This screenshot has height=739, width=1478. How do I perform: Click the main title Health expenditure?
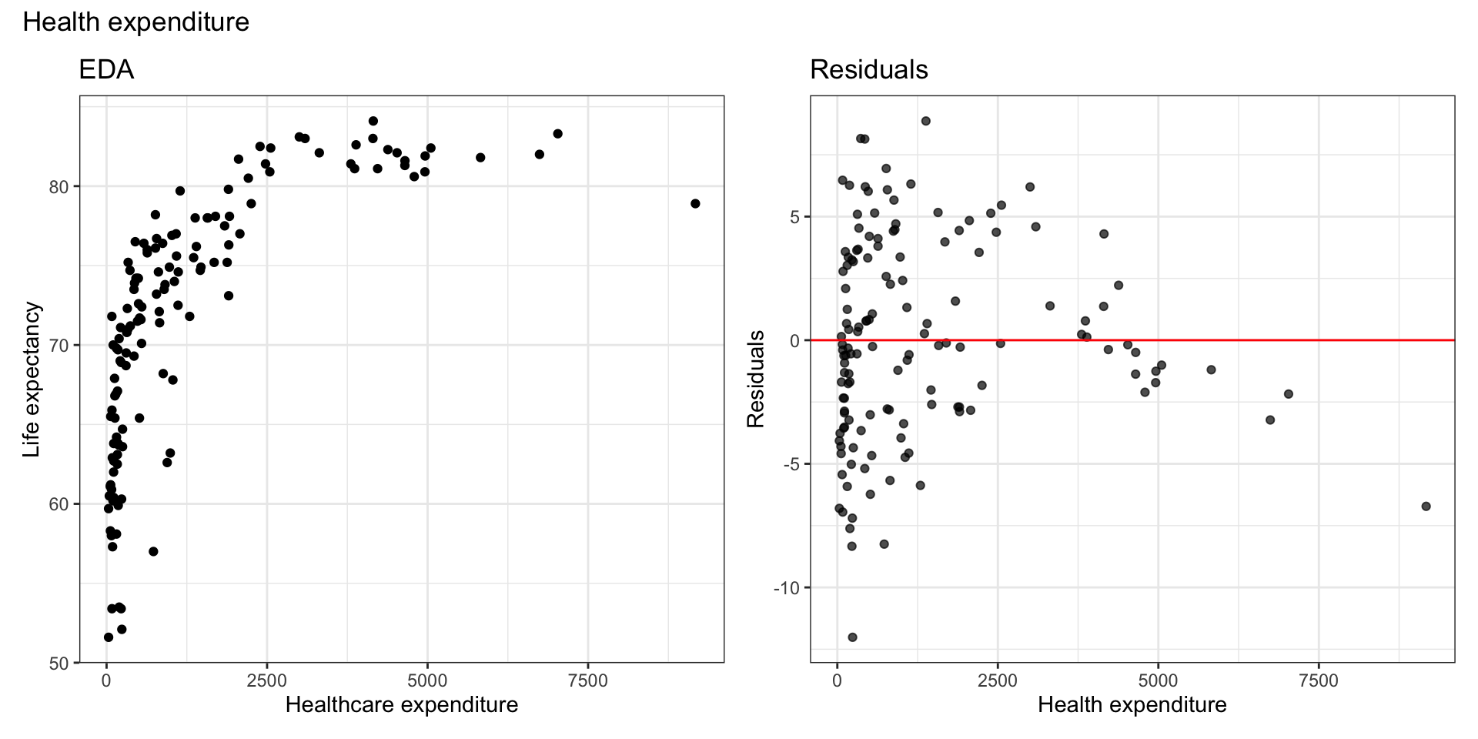tap(136, 22)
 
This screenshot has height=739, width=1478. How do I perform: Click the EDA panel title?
tap(106, 70)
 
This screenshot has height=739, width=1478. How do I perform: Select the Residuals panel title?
tap(868, 70)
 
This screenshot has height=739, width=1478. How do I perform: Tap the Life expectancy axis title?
tap(32, 380)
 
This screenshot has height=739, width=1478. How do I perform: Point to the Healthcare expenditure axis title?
tap(401, 704)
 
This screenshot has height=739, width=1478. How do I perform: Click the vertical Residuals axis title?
tap(756, 379)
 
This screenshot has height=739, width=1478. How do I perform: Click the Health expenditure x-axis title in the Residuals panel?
tap(1132, 704)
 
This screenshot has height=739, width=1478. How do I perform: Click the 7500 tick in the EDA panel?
tap(587, 681)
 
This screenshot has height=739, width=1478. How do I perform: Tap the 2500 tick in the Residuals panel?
tap(997, 681)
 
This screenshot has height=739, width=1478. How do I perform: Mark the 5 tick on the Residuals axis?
tap(794, 216)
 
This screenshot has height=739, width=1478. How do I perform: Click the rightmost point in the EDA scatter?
tap(695, 203)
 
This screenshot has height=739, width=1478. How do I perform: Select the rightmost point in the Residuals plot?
tap(1426, 506)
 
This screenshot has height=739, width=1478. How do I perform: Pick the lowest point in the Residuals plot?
tap(852, 637)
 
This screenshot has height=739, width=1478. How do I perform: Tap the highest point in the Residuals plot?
tap(925, 121)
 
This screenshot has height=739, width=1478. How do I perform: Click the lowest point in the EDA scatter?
tap(109, 637)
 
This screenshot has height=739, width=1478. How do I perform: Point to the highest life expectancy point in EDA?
tap(373, 121)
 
